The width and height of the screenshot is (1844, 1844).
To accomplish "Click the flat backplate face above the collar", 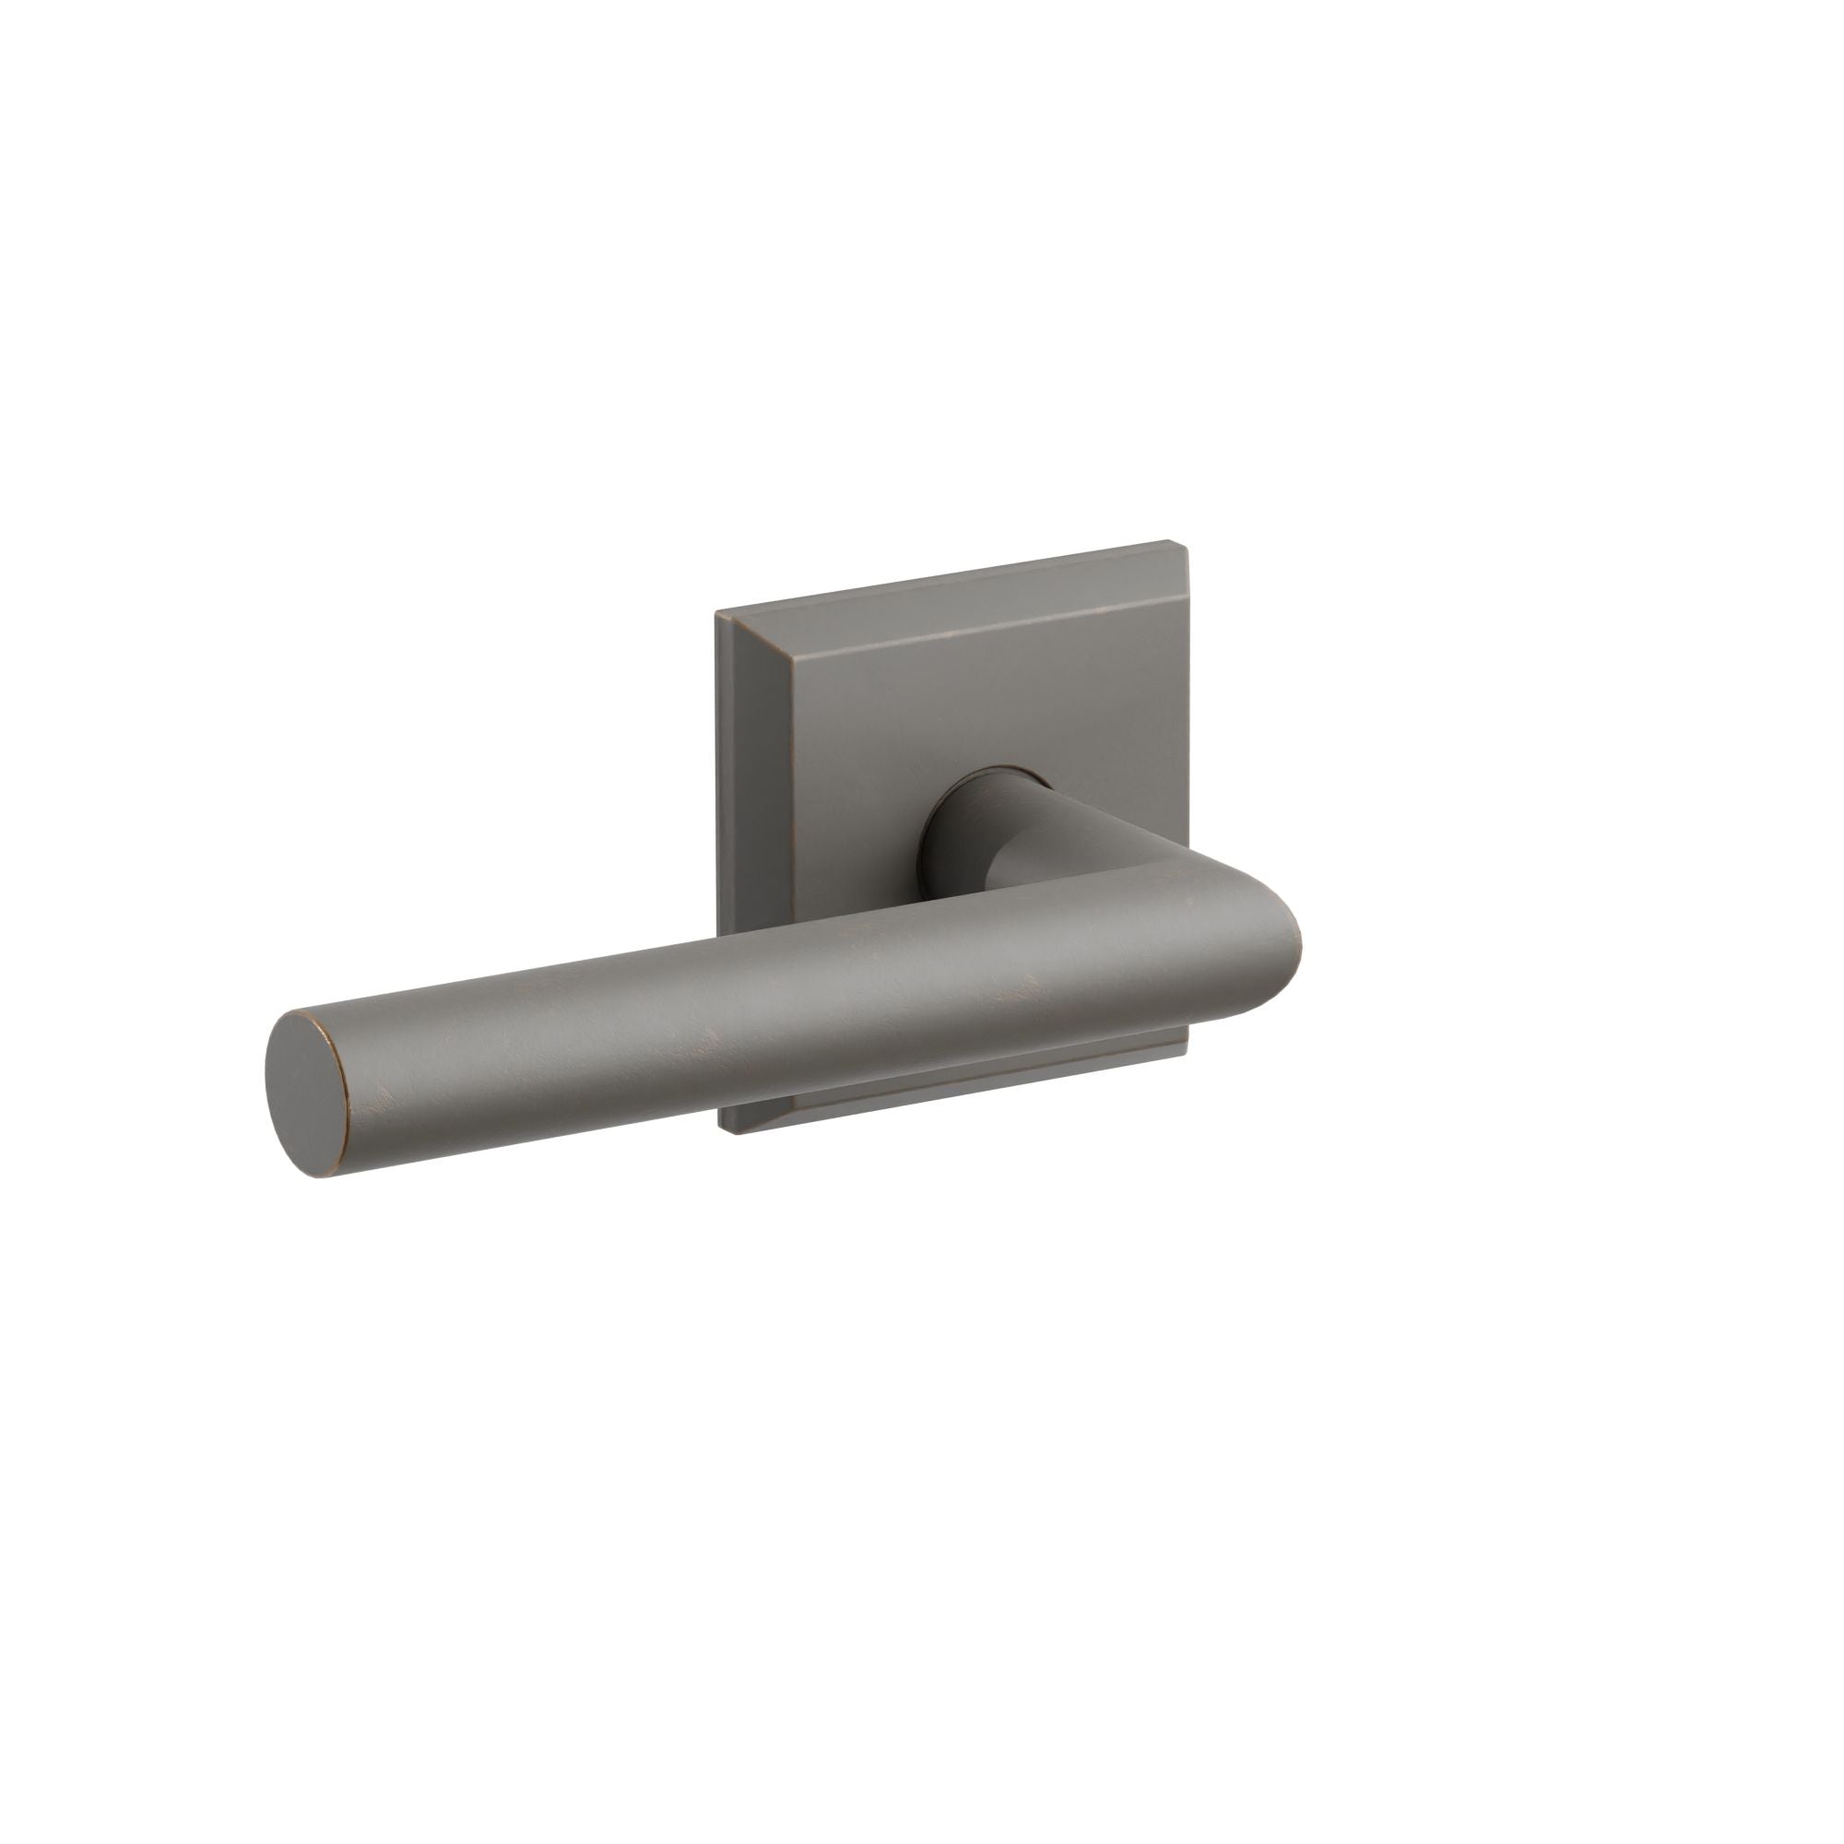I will click(x=954, y=687).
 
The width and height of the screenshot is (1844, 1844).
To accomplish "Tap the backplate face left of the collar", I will click(x=821, y=811).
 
